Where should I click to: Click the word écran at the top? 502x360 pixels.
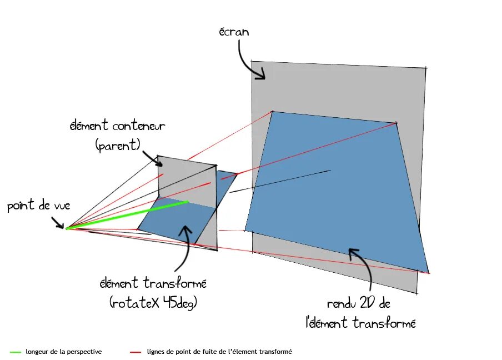(234, 32)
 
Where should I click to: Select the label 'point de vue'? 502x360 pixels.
(39, 206)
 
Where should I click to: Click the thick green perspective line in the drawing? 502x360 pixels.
(128, 215)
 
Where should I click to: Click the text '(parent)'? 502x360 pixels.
(118, 146)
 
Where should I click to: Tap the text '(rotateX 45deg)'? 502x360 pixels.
(153, 303)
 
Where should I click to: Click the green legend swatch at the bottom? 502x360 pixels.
(16, 352)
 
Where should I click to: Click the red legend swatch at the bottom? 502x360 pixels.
(137, 352)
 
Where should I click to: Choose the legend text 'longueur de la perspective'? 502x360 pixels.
(64, 352)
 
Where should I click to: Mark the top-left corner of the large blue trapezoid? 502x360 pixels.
(272, 112)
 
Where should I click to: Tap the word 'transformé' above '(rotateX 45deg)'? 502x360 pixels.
(178, 283)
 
